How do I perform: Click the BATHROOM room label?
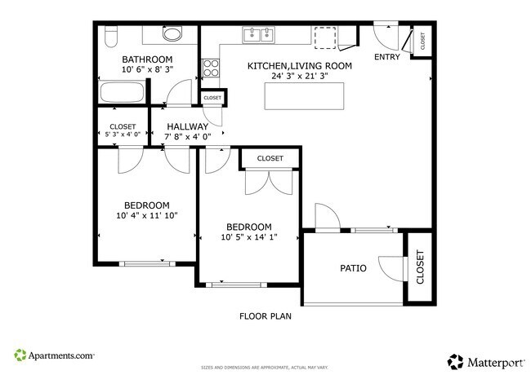click(147, 60)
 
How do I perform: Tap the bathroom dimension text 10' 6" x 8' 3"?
click(147, 70)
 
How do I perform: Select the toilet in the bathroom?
click(112, 34)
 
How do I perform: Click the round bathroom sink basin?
click(172, 34)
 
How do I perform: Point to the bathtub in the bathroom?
click(121, 93)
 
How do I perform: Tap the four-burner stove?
click(211, 67)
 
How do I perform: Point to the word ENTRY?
click(387, 57)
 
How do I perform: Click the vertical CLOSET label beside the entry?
click(422, 40)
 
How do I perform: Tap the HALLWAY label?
click(187, 126)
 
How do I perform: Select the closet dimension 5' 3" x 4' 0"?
click(123, 135)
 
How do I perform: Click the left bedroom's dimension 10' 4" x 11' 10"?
click(147, 215)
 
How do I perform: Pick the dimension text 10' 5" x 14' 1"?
click(249, 237)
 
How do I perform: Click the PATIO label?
click(353, 268)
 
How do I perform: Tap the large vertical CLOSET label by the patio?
click(420, 267)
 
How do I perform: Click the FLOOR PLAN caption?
click(265, 316)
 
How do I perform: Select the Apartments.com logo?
click(54, 355)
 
